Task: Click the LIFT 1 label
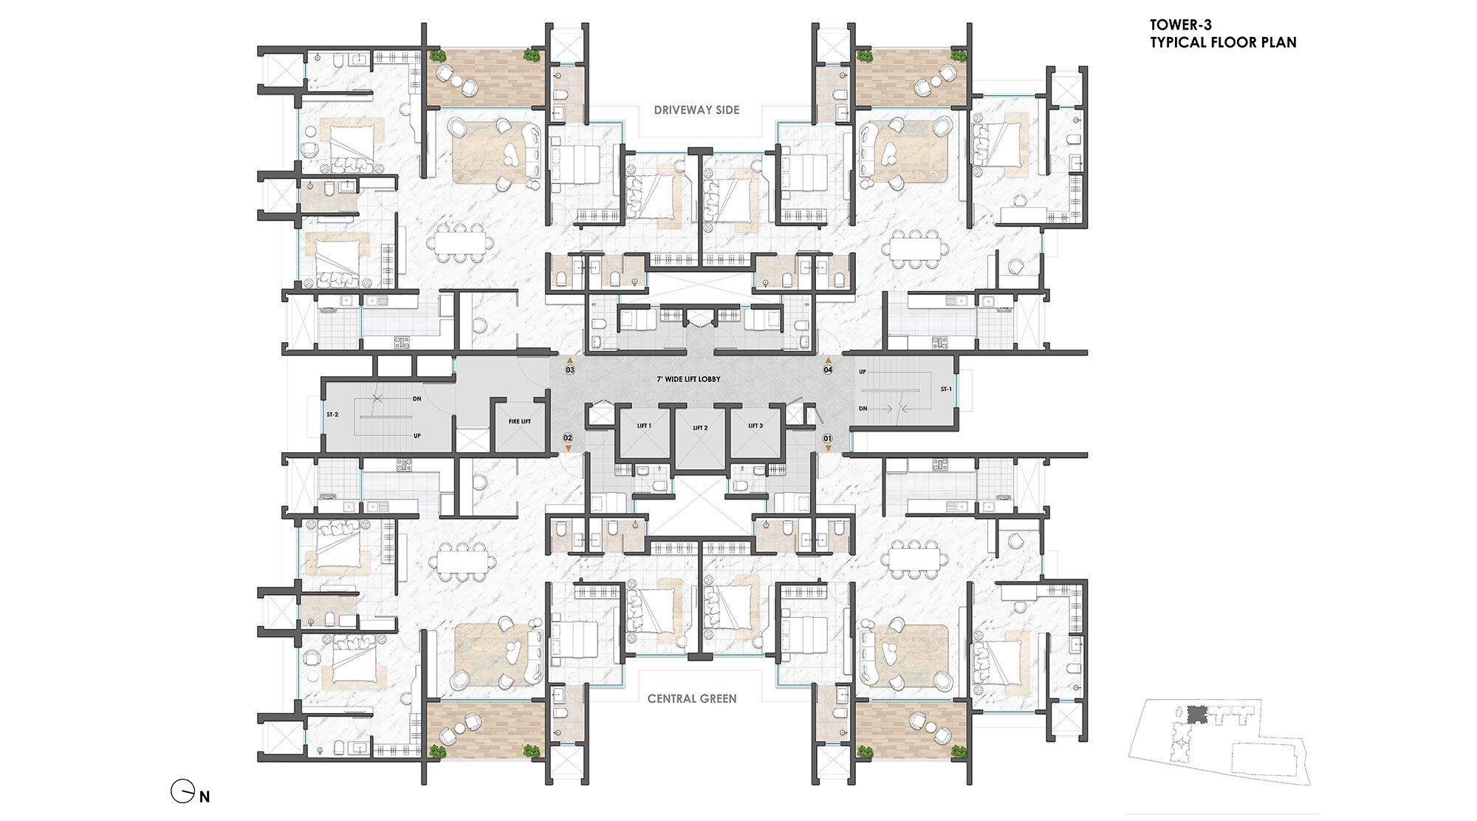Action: [644, 426]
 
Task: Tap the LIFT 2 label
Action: [700, 428]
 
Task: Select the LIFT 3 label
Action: [755, 426]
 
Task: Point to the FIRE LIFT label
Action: [520, 421]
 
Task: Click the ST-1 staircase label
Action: [946, 389]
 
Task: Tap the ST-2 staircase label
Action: [332, 415]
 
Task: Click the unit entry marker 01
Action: [828, 438]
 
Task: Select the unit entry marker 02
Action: [568, 438]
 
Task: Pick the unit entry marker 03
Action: [570, 369]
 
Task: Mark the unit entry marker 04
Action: [828, 369]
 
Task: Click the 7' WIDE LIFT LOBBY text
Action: [688, 379]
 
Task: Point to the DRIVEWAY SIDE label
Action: [696, 110]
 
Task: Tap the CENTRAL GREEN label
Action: [692, 698]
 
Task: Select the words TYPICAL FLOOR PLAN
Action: [1223, 42]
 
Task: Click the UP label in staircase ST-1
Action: [863, 372]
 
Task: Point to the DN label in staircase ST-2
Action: [417, 399]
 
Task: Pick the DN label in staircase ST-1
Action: [863, 409]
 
